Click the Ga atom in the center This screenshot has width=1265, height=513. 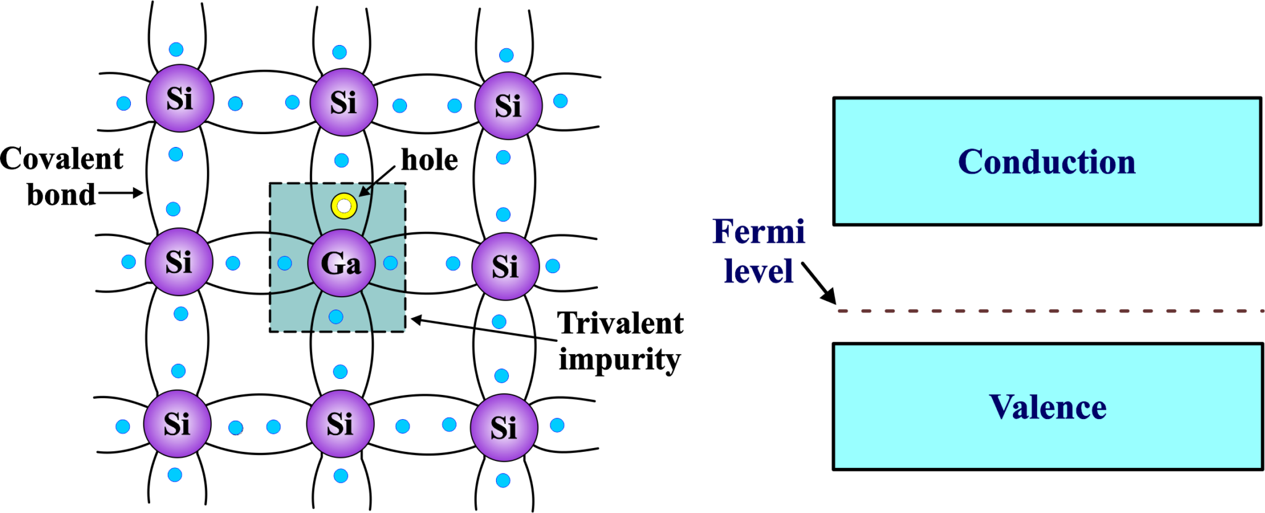341,263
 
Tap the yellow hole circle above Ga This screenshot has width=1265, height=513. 344,206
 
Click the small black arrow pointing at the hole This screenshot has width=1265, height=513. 366,190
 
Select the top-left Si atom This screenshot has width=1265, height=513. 180,98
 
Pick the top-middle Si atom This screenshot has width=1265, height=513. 343,102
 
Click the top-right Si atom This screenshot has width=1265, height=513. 508,106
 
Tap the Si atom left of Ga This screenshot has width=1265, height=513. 179,262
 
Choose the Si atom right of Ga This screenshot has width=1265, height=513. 505,266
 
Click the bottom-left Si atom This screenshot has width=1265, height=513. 177,424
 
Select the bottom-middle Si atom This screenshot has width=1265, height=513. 340,424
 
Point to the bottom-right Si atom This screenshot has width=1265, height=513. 504,428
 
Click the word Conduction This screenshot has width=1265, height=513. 1046,162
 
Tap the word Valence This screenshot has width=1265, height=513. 1048,407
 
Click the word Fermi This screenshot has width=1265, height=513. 758,232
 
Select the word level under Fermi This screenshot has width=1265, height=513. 758,271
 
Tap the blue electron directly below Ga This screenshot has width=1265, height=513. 336,317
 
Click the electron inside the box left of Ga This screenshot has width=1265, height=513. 285,264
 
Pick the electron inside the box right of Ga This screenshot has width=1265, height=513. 390,263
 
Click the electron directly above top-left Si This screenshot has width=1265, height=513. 176,49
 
